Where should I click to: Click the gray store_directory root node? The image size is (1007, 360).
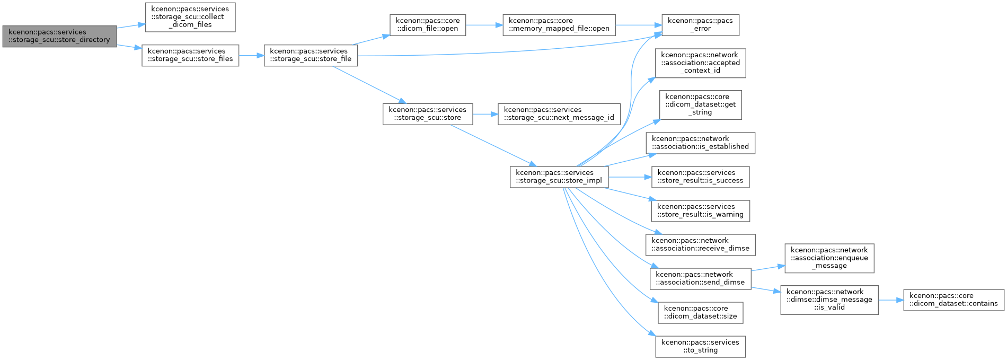[59, 36]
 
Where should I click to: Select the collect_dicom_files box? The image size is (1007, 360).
[190, 17]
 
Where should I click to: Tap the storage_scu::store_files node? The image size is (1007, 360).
[190, 55]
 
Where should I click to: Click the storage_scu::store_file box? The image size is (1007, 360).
[311, 55]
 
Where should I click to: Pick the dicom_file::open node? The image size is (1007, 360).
[428, 25]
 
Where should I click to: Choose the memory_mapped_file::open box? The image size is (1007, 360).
[559, 25]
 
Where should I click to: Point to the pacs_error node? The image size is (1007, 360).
[700, 25]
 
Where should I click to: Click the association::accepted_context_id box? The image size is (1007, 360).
[701, 63]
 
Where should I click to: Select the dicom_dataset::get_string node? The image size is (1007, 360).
[701, 105]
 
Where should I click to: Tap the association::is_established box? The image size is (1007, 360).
[701, 143]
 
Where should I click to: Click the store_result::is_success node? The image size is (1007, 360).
[701, 177]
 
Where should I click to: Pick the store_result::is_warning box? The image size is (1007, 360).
[701, 211]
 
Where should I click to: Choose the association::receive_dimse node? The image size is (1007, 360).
[701, 245]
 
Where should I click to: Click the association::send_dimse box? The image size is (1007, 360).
[701, 279]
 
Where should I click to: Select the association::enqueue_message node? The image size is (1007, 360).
[829, 258]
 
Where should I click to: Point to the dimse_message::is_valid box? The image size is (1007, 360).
[829, 300]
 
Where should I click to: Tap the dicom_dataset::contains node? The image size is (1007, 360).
[954, 300]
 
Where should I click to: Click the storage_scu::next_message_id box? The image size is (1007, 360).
[559, 114]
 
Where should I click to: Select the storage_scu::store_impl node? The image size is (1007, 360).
[559, 177]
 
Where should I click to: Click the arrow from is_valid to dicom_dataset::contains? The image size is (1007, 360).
[891, 300]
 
